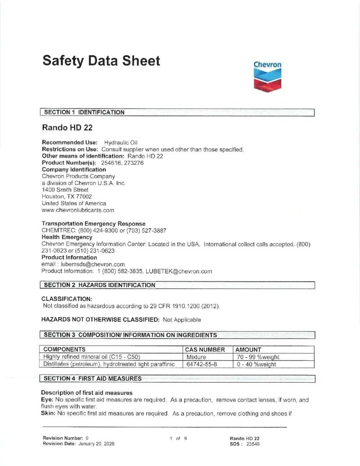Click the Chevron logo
tap(267, 77)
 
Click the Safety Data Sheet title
tap(101, 61)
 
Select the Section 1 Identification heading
tap(84, 112)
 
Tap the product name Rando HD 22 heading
tap(67, 127)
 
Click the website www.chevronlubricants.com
tap(78, 210)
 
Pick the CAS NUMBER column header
tap(205, 349)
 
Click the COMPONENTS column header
tap(64, 349)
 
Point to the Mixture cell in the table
tap(196, 357)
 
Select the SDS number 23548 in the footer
tap(253, 443)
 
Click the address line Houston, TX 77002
tap(67, 196)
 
